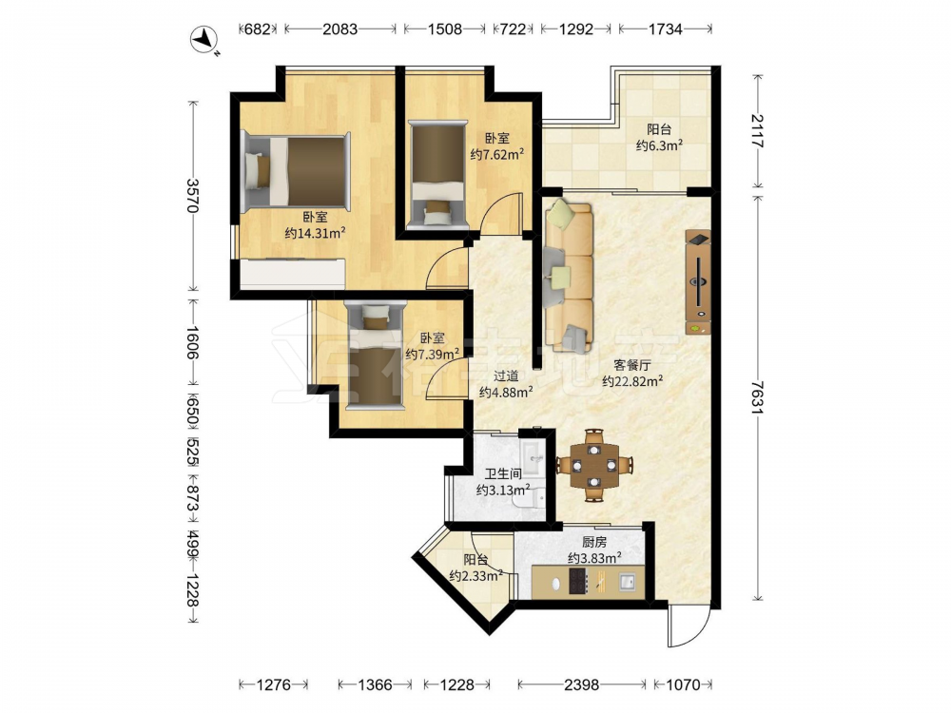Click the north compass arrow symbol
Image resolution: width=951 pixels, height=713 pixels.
click(204, 39)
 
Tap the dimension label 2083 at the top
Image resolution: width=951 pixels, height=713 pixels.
click(340, 29)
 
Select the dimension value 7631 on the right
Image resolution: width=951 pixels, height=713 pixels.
click(757, 397)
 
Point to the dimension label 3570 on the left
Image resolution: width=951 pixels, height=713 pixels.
click(193, 195)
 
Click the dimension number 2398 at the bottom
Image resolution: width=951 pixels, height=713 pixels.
click(581, 685)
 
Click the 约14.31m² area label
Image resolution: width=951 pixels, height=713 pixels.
click(315, 233)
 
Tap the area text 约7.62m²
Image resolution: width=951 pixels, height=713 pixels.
click(497, 155)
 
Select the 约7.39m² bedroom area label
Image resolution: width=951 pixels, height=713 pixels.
click(432, 354)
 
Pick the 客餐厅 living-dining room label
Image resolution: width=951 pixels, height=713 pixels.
click(632, 365)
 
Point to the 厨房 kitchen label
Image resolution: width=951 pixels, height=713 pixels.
click(593, 542)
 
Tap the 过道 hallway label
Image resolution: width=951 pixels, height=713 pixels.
click(505, 376)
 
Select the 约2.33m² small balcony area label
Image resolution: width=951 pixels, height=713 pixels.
click(476, 576)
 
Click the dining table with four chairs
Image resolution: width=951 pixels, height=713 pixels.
click(594, 465)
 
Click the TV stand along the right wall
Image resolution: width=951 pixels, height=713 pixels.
click(698, 282)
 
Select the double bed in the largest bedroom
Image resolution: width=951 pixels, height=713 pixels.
click(296, 171)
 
